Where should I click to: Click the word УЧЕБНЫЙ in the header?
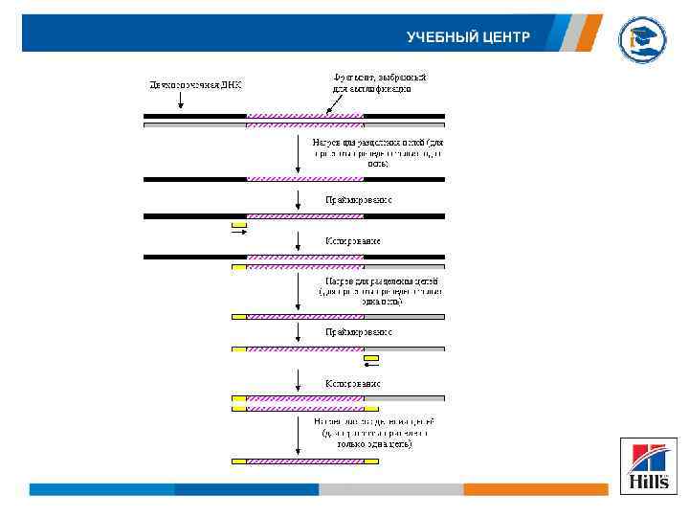click(x=438, y=37)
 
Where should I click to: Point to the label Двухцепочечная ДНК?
click(x=196, y=84)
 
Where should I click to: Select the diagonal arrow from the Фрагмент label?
click(x=341, y=102)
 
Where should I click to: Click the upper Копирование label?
click(x=352, y=240)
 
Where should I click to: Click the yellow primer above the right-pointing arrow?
click(x=239, y=225)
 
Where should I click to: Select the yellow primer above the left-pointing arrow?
click(x=371, y=357)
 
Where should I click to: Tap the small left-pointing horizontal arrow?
click(x=371, y=365)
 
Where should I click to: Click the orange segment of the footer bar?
click(x=535, y=489)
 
